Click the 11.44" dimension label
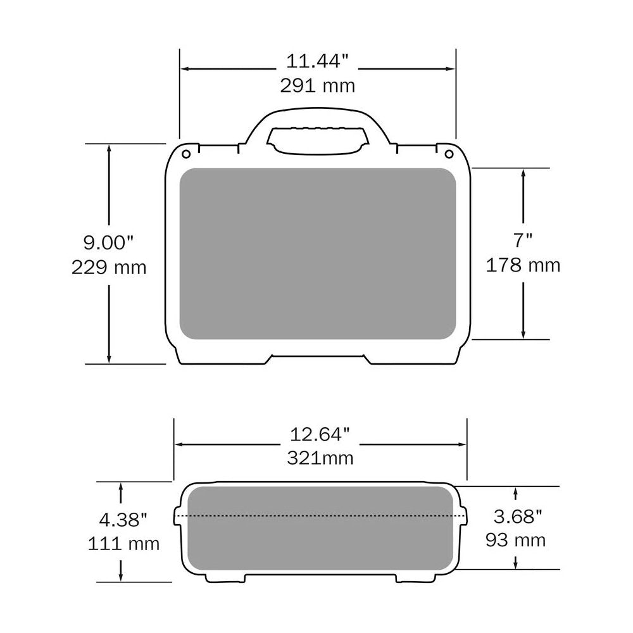(317, 62)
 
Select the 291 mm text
(317, 85)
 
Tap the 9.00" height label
(109, 242)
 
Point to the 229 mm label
(109, 267)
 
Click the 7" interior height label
(523, 240)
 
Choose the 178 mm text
(523, 265)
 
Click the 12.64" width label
(320, 435)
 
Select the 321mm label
(320, 458)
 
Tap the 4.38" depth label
(123, 520)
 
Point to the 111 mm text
(124, 543)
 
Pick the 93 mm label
(515, 540)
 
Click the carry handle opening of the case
(318, 140)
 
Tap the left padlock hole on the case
(186, 154)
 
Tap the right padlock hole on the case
(449, 154)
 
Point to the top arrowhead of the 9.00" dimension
(110, 149)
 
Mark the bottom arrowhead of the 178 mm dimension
(523, 333)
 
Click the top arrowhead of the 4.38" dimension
(120, 487)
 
